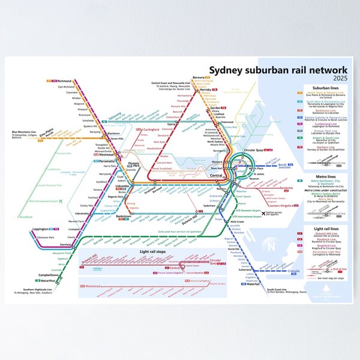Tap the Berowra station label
click(198, 77)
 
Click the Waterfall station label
click(253, 284)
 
